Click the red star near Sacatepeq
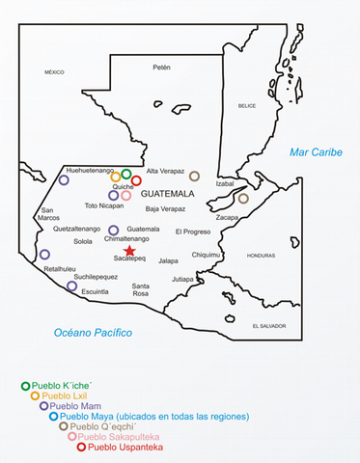pos(130,250)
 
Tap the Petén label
pos(161,68)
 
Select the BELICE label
pos(248,106)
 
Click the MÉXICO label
pos(53,72)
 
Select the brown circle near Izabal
pos(194,177)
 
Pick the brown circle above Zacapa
pos(243,199)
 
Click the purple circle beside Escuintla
pos(71,286)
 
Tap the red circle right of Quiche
pos(136,180)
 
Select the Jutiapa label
pos(182,279)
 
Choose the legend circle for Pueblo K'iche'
pos(26,386)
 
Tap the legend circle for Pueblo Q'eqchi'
pos(64,426)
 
